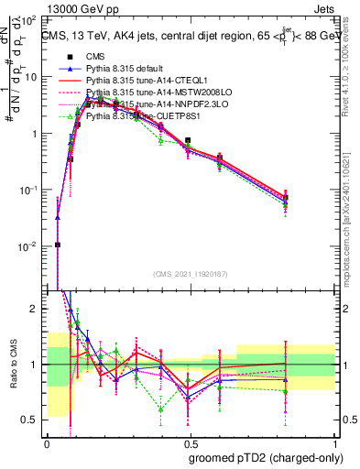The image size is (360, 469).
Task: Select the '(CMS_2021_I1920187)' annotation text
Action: [191, 275]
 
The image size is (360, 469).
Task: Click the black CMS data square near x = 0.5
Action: [188, 141]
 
